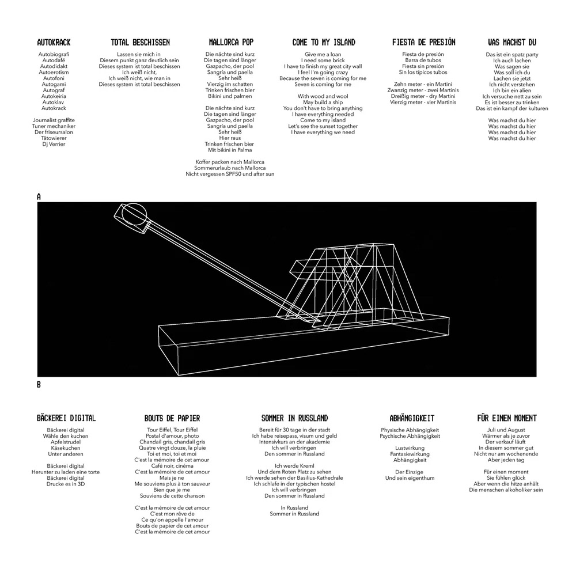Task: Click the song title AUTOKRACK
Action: (x=54, y=43)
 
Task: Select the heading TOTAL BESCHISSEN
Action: (x=140, y=43)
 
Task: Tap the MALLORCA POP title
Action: (x=231, y=43)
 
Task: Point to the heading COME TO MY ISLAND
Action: (x=324, y=43)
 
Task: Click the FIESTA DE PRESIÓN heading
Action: (x=423, y=43)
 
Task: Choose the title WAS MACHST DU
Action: (x=511, y=43)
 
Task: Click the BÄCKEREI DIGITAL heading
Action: (x=66, y=418)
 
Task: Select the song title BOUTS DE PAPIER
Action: (x=172, y=418)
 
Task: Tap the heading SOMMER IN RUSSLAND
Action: (x=294, y=418)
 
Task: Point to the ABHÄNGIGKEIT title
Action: (x=411, y=418)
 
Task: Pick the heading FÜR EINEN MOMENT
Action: (x=507, y=418)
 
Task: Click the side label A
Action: (x=39, y=197)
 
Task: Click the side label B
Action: (x=39, y=385)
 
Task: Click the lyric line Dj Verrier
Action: (x=54, y=144)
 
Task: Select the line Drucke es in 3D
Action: (x=65, y=484)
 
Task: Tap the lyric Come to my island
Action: (x=323, y=120)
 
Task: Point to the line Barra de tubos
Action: (x=423, y=60)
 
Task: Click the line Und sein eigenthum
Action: (x=410, y=478)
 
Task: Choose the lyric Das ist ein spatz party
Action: (x=511, y=54)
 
